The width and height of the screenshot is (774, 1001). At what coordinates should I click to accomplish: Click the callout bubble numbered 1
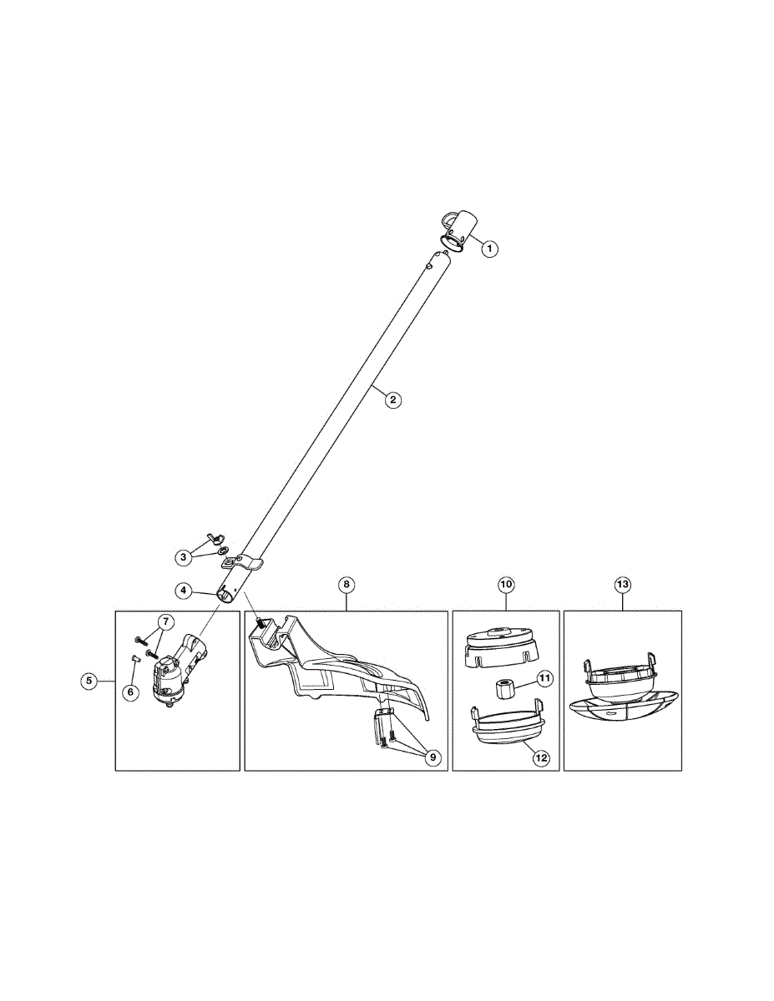491,248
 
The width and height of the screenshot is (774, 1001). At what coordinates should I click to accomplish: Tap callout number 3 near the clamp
182,556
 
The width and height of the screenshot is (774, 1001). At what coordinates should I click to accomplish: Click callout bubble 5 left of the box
88,681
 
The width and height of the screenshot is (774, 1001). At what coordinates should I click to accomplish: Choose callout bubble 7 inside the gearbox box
164,621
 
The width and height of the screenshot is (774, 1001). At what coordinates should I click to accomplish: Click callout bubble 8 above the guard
347,585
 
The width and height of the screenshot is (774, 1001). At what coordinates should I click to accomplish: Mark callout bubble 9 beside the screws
433,757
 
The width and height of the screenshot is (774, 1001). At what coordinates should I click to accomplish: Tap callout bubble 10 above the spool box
506,585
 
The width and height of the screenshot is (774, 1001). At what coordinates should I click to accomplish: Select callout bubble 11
544,679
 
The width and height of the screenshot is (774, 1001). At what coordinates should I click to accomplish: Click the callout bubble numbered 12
541,757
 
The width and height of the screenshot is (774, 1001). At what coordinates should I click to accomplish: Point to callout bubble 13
622,585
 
